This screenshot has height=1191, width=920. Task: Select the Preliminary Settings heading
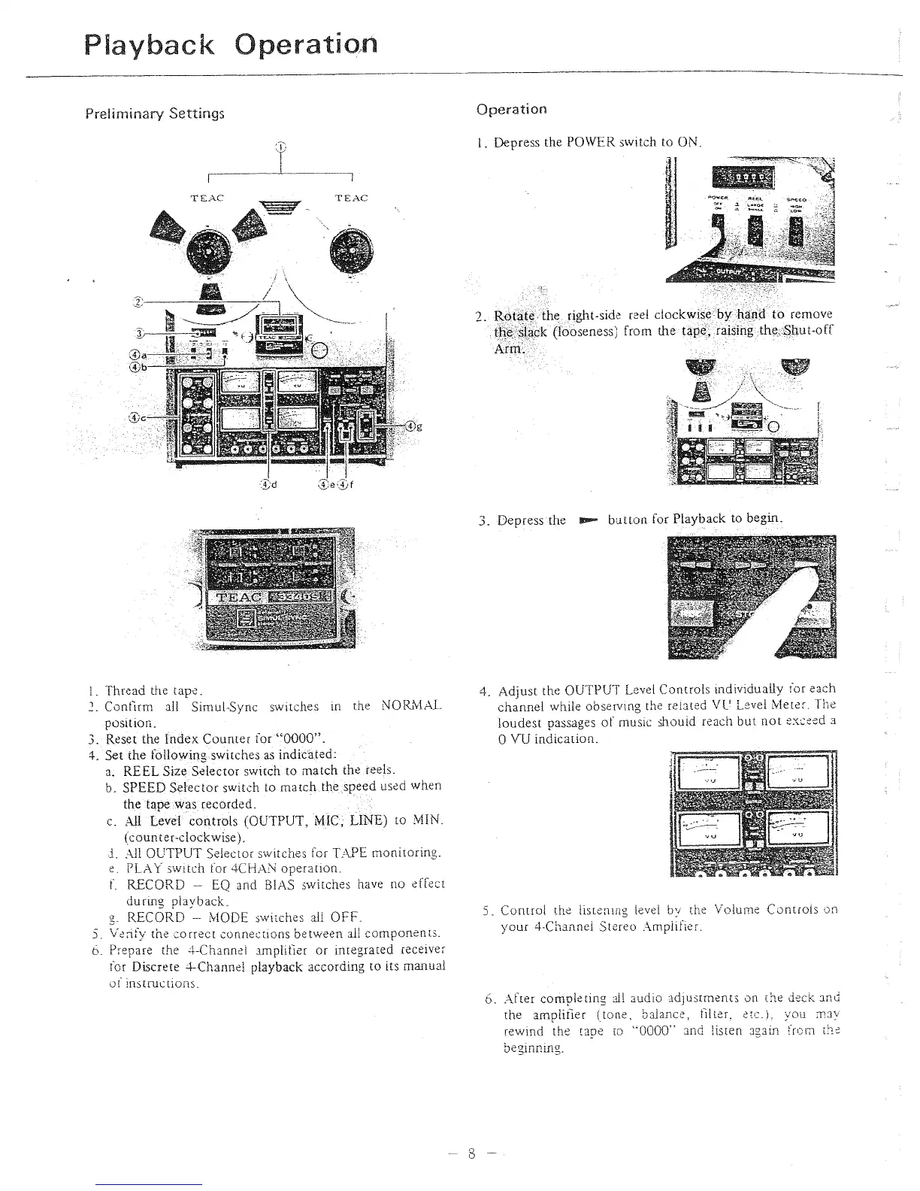(154, 114)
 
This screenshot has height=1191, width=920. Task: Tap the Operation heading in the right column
(511, 109)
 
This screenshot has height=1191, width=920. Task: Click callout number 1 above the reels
(280, 147)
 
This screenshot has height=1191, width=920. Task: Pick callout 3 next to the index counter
(138, 333)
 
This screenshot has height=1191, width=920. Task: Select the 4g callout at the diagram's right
(413, 426)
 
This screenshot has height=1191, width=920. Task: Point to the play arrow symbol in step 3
(587, 520)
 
